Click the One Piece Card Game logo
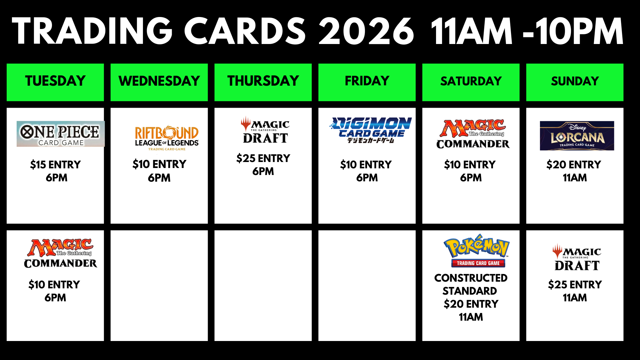point(61,134)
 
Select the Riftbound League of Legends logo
point(167,138)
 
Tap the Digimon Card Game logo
point(371,130)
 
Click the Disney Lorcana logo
point(577,136)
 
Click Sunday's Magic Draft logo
point(577,257)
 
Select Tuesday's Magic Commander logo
point(60,253)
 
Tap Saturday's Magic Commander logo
point(473,134)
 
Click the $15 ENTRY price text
point(55,165)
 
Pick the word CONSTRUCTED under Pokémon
point(471,278)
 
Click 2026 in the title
point(366,31)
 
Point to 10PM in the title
point(579,31)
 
